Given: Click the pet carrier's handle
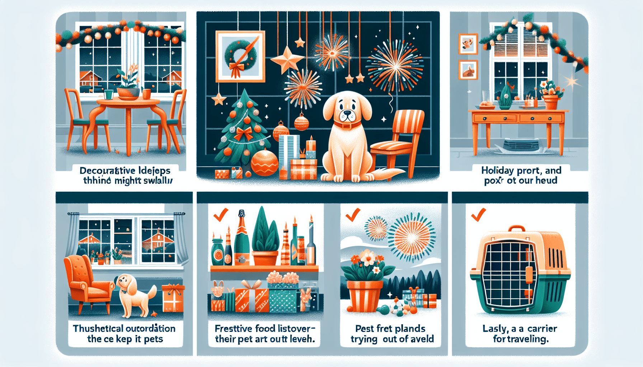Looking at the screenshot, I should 516,229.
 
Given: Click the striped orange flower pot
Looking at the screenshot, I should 364,296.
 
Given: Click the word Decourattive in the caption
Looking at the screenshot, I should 104,171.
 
